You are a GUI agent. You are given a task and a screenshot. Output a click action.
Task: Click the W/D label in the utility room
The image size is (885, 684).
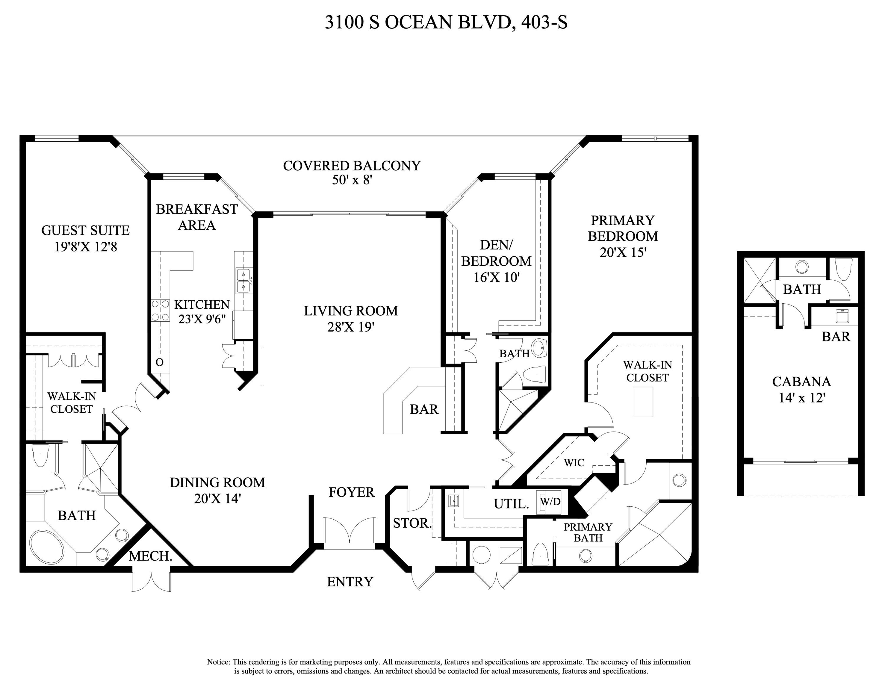(550, 502)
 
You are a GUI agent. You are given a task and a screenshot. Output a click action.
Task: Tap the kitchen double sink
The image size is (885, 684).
(243, 280)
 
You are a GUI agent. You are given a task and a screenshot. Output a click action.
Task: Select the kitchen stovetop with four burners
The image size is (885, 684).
(160, 310)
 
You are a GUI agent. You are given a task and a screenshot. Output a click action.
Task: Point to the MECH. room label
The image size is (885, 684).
(150, 556)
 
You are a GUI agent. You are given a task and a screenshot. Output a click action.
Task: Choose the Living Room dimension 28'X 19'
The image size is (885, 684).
(350, 327)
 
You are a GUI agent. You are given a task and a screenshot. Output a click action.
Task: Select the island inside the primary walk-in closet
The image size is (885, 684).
(643, 402)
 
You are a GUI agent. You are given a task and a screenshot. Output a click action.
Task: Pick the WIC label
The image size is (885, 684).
(574, 462)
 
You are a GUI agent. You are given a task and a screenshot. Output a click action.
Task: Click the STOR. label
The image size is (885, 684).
(412, 523)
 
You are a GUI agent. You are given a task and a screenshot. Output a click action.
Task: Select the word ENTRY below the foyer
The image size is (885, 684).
(350, 582)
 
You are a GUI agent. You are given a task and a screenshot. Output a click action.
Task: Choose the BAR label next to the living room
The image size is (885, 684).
(424, 409)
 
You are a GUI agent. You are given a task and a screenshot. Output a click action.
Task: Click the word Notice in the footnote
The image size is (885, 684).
(218, 662)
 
